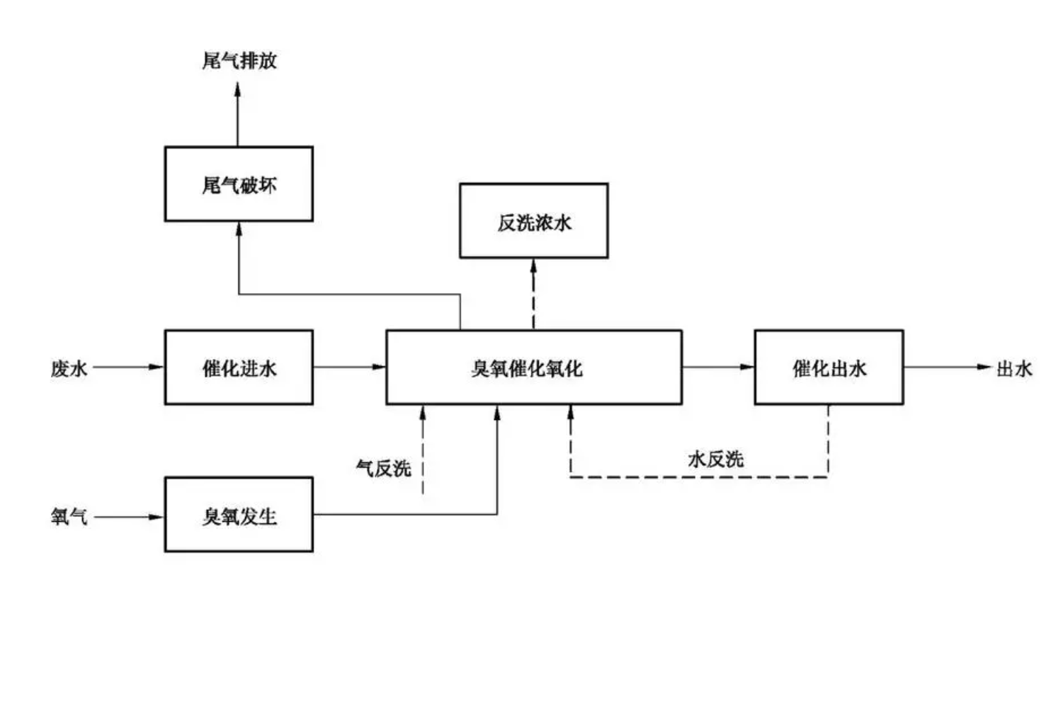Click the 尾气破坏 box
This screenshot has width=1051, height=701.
pos(239,184)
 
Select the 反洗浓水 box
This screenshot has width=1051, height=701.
pos(533,221)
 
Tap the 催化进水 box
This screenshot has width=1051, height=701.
pos(239,367)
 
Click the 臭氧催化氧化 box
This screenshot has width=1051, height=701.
pos(533,367)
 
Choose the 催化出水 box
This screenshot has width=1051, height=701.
pos(829,367)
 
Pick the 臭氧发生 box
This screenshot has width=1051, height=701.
pos(239,515)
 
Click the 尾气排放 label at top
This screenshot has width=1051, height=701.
pos(239,61)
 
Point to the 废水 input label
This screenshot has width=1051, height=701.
pos(69,368)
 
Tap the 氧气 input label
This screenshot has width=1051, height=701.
pos(69,517)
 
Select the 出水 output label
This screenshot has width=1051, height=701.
pos(1014,368)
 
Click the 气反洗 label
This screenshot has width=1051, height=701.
pos(383,468)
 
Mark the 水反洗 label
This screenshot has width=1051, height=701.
pos(715,460)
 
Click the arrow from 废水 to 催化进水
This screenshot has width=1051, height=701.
pos(128,367)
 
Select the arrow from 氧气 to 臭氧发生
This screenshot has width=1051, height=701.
pos(128,517)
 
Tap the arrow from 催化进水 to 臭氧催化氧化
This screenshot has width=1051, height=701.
pos(349,367)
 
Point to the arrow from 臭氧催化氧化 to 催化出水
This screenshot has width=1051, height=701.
pos(718,367)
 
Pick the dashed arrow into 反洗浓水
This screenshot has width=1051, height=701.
pos(533,294)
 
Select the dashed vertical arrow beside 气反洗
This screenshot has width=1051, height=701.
pos(423,450)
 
